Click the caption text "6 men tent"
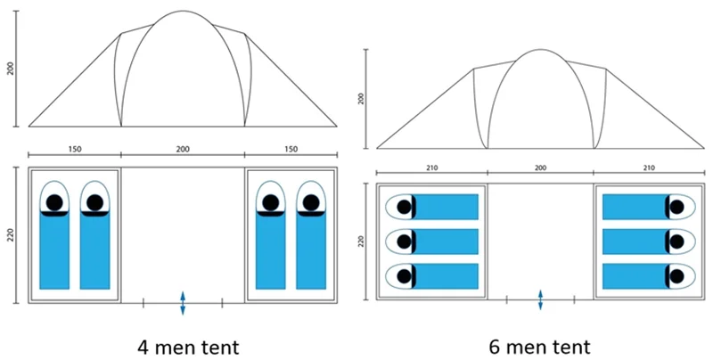tap(537, 343)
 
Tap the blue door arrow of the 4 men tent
tap(183, 303)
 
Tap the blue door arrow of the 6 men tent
tap(540, 300)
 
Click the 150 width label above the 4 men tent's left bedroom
tap(75, 148)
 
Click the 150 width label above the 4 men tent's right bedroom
tap(291, 148)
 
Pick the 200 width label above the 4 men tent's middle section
tap(183, 148)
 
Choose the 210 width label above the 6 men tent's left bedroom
tap(432, 167)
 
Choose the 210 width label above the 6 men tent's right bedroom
tap(649, 167)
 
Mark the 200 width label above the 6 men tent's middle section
tap(540, 167)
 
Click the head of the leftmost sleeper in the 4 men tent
tap(54, 202)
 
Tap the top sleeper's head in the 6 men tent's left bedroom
tap(404, 207)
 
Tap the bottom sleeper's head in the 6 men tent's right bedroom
tap(676, 276)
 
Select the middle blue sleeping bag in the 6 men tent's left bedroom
tap(445, 241)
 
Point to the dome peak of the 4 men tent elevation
tap(184, 12)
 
